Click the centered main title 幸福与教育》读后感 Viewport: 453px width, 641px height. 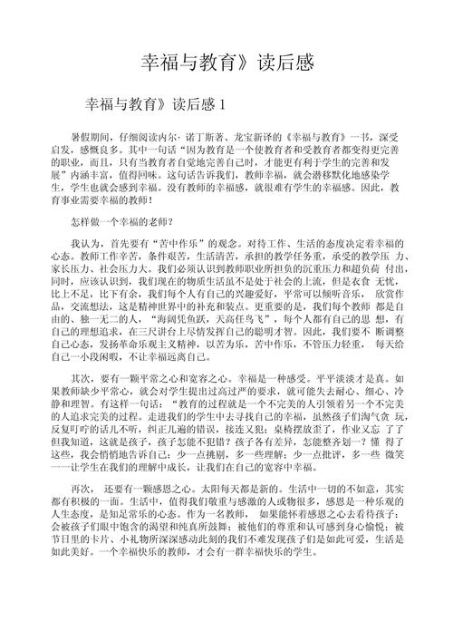(226, 63)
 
